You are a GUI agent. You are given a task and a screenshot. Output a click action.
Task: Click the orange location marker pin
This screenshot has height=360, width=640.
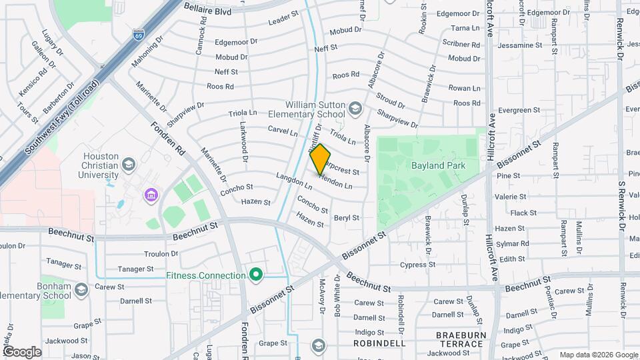coord(321,159)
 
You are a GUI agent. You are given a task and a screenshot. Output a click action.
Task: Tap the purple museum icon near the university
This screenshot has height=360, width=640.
coord(151,195)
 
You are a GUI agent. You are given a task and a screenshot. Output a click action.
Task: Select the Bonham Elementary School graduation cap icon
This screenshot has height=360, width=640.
coord(81,290)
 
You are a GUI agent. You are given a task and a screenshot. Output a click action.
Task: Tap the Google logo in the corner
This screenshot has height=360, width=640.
coord(21,351)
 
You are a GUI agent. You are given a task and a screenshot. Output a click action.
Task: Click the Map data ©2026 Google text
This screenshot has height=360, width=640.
coord(597,355)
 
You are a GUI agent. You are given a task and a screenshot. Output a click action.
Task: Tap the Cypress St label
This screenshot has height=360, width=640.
coord(418,265)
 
